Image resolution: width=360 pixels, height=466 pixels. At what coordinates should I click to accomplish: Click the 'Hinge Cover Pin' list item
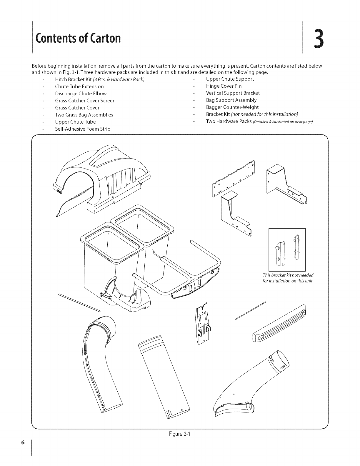click(x=224, y=86)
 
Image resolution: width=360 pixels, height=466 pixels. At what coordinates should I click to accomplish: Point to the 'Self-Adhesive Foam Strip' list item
click(x=83, y=129)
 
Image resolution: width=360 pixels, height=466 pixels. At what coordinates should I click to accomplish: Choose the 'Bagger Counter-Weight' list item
click(x=232, y=107)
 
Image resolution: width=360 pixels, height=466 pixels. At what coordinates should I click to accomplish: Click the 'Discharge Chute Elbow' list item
click(x=81, y=94)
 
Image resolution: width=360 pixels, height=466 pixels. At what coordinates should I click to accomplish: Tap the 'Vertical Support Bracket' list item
click(x=233, y=93)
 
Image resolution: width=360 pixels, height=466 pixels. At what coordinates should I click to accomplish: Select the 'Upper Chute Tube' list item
click(x=75, y=122)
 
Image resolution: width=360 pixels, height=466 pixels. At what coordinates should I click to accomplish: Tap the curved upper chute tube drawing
click(x=103, y=368)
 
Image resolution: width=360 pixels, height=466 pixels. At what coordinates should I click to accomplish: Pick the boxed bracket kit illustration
click(x=287, y=249)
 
